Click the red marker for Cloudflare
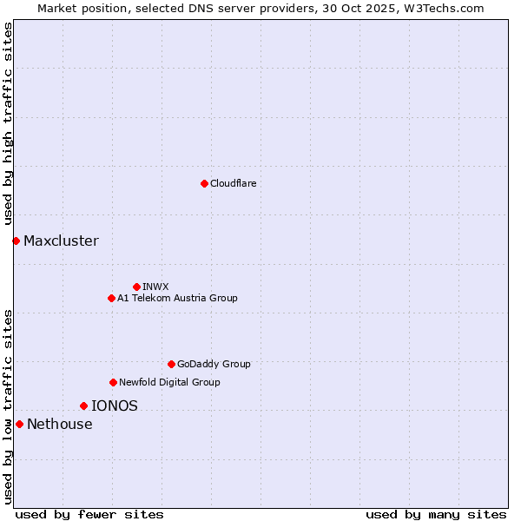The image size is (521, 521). pyautogui.click(x=204, y=183)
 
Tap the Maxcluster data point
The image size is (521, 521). pyautogui.click(x=16, y=241)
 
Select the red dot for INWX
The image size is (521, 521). pyautogui.click(x=136, y=287)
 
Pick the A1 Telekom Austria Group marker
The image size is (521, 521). pyautogui.click(x=111, y=298)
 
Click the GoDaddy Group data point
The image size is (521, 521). pyautogui.click(x=171, y=364)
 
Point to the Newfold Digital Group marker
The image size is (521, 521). pyautogui.click(x=113, y=382)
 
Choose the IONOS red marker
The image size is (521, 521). pyautogui.click(x=83, y=406)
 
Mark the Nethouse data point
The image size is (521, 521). pyautogui.click(x=19, y=424)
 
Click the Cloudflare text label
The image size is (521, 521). pyautogui.click(x=233, y=183)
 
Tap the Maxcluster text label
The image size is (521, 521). pyautogui.click(x=61, y=241)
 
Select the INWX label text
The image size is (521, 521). pyautogui.click(x=155, y=287)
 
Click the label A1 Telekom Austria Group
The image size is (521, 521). pyautogui.click(x=177, y=298)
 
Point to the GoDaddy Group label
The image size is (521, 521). pyautogui.click(x=214, y=364)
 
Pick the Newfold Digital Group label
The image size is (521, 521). pyautogui.click(x=169, y=382)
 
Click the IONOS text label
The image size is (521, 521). pyautogui.click(x=115, y=406)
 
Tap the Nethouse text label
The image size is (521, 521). pyautogui.click(x=59, y=424)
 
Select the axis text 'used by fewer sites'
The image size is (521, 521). pyautogui.click(x=89, y=514)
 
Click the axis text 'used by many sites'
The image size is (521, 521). pyautogui.click(x=436, y=514)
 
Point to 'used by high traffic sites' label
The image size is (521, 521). pyautogui.click(x=8, y=124)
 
